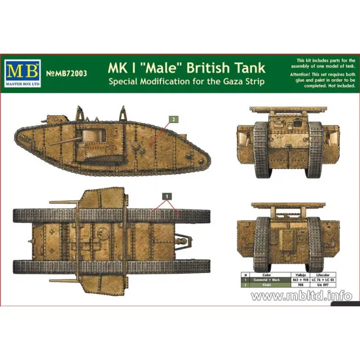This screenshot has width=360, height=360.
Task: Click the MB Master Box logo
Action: pyautogui.click(x=26, y=69)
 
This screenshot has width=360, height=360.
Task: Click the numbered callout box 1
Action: pyautogui.click(x=167, y=196)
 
